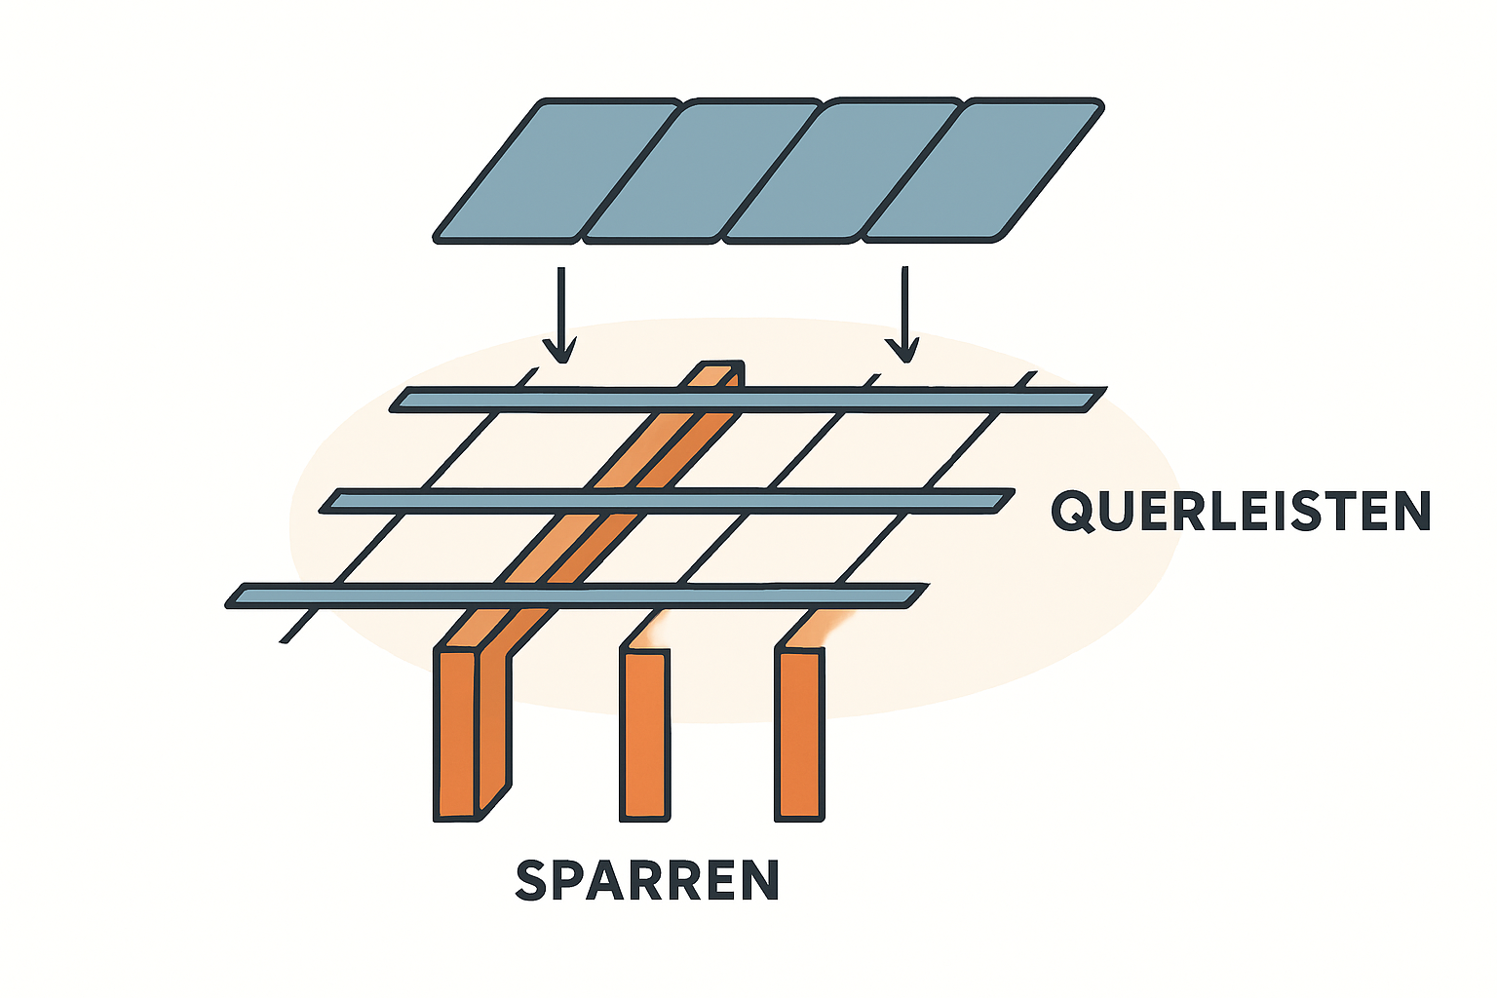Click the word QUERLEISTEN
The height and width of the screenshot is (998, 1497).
tap(1240, 511)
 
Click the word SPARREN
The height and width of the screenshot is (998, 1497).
tap(647, 880)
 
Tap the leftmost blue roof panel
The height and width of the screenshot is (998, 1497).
tap(556, 170)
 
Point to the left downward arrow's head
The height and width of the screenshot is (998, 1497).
tap(559, 351)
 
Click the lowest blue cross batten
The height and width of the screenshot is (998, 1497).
tap(575, 595)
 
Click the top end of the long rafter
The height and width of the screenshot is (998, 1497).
tap(722, 373)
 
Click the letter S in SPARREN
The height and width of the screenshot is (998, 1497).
tap(532, 880)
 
